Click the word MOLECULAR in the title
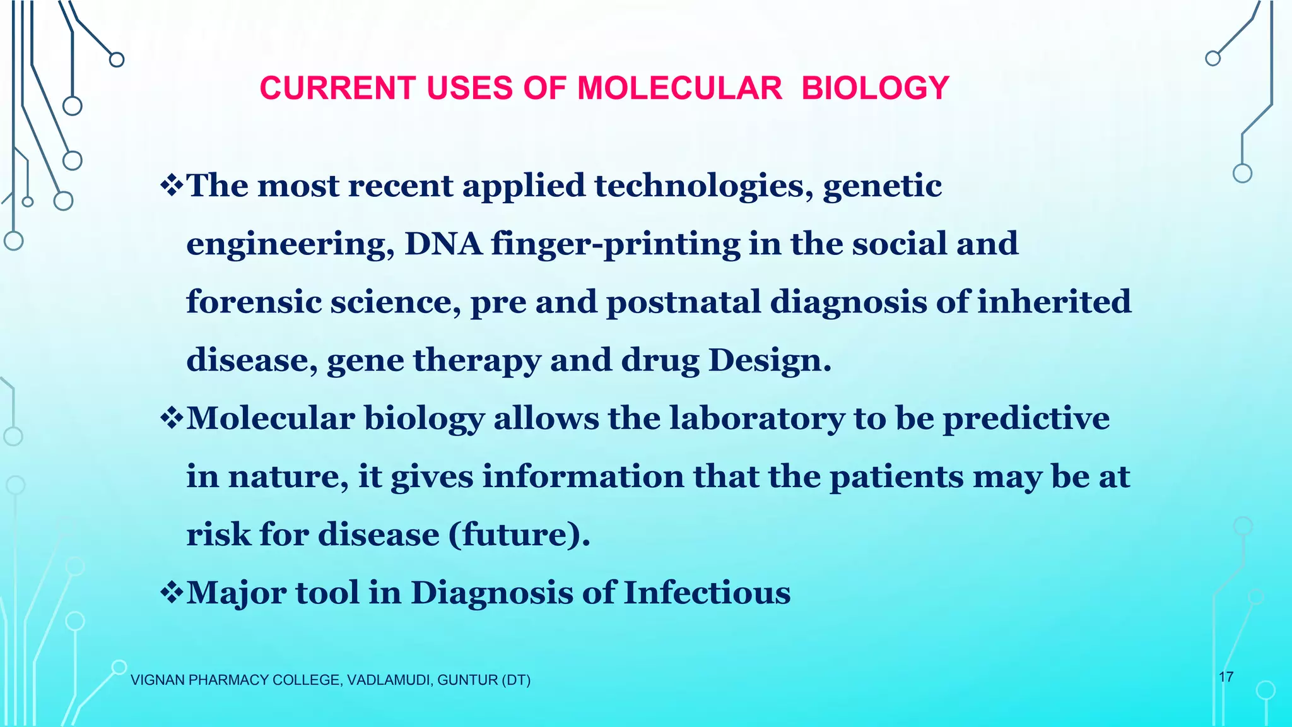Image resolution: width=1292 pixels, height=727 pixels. (679, 88)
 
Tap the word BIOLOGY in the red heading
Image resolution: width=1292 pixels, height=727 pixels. (875, 88)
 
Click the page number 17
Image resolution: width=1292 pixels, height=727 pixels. (1226, 677)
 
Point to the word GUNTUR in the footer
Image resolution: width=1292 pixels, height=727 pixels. (467, 680)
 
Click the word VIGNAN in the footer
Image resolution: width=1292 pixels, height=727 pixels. (157, 680)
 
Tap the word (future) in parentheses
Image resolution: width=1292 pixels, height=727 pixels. (519, 535)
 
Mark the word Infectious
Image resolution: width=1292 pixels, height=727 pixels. (707, 592)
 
